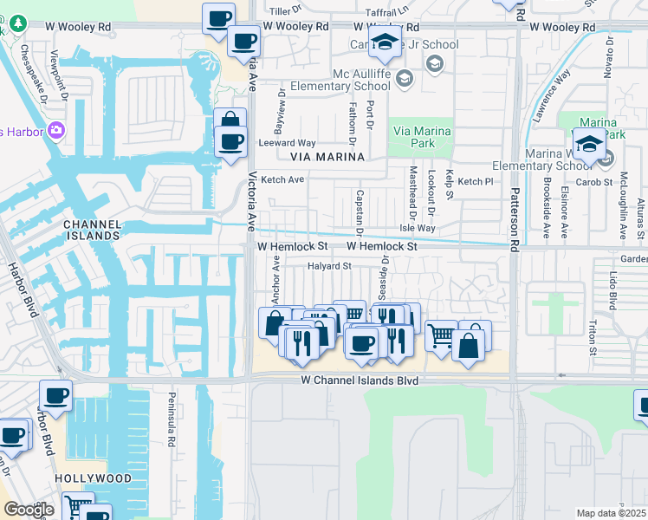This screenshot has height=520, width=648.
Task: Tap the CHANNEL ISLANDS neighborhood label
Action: [x=92, y=230]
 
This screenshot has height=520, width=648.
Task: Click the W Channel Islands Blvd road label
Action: [x=360, y=381]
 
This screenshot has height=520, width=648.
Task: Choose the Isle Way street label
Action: [x=417, y=229]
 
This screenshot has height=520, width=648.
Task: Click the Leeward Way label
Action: [x=288, y=143]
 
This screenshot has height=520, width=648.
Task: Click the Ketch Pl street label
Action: [x=476, y=182]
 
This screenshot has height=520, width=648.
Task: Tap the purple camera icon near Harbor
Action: [x=57, y=131]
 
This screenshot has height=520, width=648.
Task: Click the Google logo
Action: [x=29, y=510]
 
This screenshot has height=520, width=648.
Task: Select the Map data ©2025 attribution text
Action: [x=610, y=513]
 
